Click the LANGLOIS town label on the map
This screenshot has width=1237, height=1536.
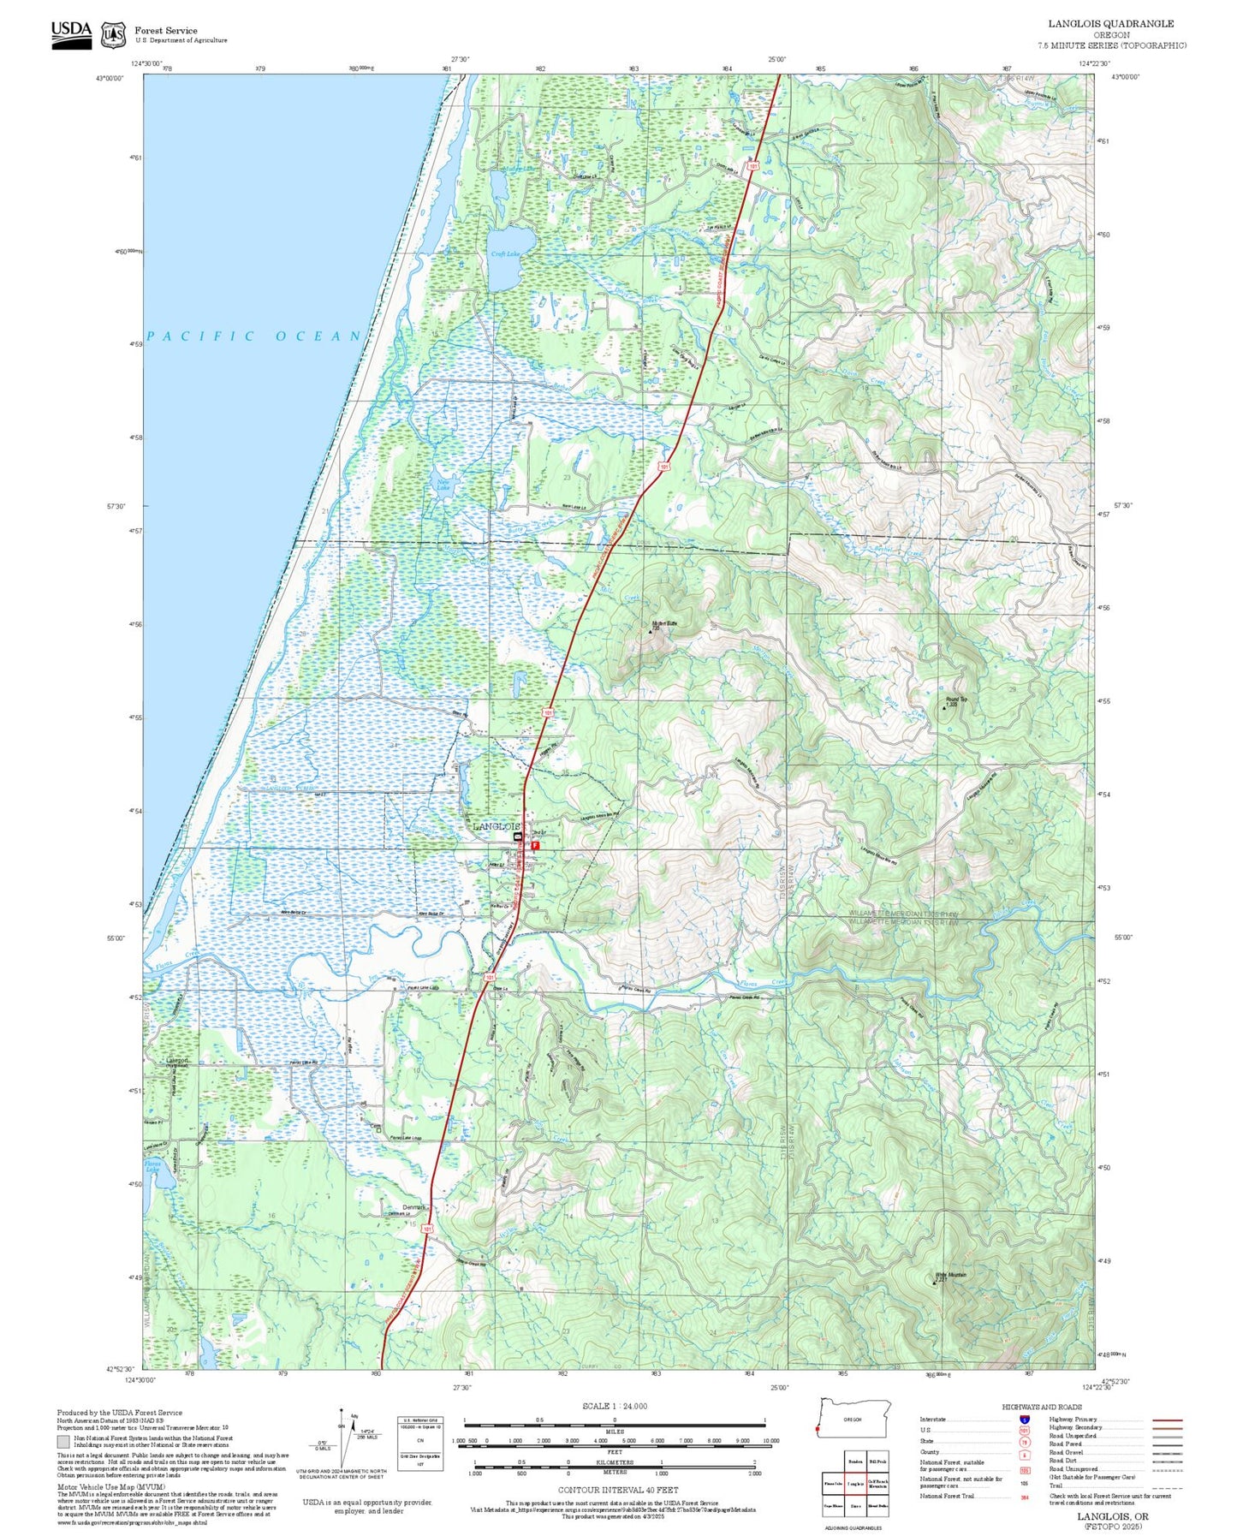pos(497,826)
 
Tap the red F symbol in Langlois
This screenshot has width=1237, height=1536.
pos(536,845)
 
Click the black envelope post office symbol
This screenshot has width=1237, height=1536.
pos(517,836)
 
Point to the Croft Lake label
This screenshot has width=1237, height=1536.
pos(504,254)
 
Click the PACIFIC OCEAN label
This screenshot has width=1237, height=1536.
pos(255,336)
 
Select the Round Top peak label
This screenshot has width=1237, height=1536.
pos(956,700)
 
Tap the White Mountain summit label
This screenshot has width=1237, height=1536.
pos(950,1275)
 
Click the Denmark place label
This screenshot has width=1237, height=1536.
pos(414,1207)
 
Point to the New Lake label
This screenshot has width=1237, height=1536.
pos(443,485)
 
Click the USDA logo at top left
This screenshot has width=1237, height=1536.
pos(71,33)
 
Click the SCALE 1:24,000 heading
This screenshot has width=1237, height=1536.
pos(614,1406)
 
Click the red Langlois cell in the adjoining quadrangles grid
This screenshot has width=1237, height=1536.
pos(854,1484)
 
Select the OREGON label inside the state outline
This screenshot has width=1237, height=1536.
pos(852,1419)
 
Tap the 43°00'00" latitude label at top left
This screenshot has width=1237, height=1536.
pos(109,78)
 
